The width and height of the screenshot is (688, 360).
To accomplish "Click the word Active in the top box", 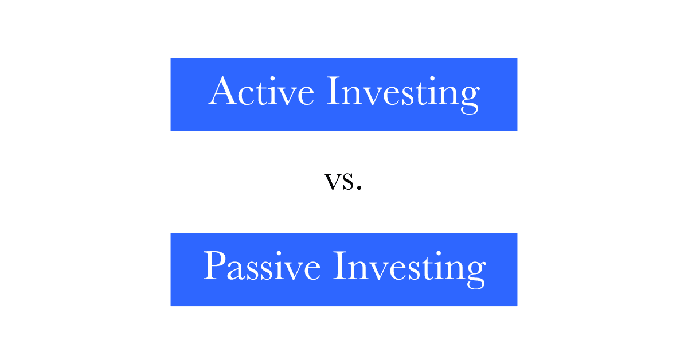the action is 261,91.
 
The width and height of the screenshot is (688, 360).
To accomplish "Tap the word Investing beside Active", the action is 403,95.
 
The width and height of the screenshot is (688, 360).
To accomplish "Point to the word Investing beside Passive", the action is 410,269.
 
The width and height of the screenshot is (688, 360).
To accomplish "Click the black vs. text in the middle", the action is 343,181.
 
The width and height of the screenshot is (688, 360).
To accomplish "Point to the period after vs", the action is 359,186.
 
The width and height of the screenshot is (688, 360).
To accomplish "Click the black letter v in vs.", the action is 333,181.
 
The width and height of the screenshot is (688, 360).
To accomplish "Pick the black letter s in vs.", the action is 349,181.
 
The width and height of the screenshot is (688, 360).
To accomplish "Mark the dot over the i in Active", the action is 272,79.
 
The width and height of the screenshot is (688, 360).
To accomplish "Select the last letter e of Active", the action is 306,96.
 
